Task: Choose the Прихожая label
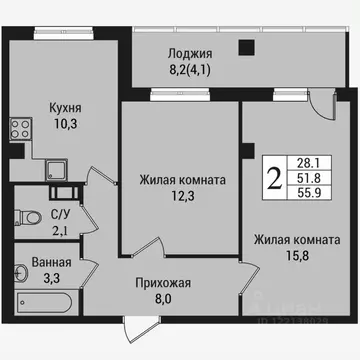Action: point(164,283)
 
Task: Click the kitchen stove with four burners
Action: point(20,127)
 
